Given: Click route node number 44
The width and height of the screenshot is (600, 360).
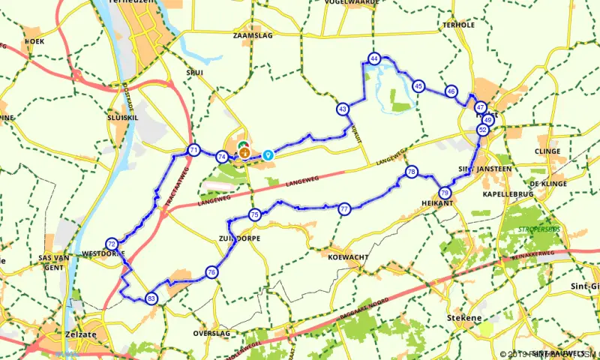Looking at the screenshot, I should coord(374,58).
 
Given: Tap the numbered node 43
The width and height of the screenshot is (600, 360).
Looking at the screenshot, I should coord(343,109).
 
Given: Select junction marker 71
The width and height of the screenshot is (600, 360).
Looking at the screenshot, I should coord(194,150).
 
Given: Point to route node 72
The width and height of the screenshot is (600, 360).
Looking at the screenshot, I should coord(112,244).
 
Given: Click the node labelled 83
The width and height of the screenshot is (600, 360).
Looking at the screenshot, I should coord(152,298).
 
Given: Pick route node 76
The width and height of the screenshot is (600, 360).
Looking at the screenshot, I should coord(212,272).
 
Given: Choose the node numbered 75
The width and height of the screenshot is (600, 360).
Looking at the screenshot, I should coord(255,214).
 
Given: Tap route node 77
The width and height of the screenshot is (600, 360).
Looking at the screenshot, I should coord(344,208).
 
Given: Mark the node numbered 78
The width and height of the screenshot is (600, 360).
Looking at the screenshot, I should coord(411,172).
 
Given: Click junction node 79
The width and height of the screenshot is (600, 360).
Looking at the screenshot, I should coord(445,193).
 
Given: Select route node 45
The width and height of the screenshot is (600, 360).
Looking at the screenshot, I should coord(418,86).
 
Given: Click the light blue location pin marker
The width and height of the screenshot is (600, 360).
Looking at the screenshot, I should coord(268,154).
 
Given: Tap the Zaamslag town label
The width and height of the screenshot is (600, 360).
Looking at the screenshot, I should coord(250,35).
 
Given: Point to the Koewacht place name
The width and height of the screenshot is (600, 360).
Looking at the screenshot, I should coord(347,257).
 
